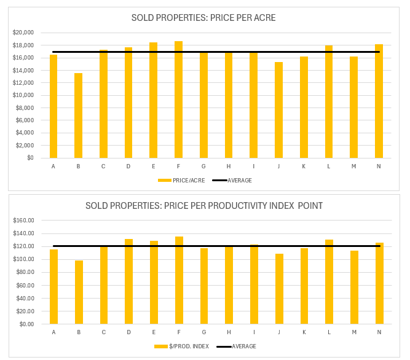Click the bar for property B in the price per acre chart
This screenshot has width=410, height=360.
(x=78, y=115)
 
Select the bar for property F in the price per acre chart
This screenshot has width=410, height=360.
(x=178, y=100)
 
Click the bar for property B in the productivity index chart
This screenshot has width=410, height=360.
(x=79, y=292)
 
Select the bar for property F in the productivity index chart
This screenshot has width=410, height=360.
(x=179, y=281)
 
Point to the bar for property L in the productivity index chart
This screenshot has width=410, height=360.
(x=329, y=282)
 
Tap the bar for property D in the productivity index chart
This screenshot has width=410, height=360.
(x=128, y=282)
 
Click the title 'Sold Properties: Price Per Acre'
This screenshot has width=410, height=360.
(x=203, y=18)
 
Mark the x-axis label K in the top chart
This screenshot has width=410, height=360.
(x=304, y=166)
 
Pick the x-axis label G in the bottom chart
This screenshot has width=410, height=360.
(x=203, y=332)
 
